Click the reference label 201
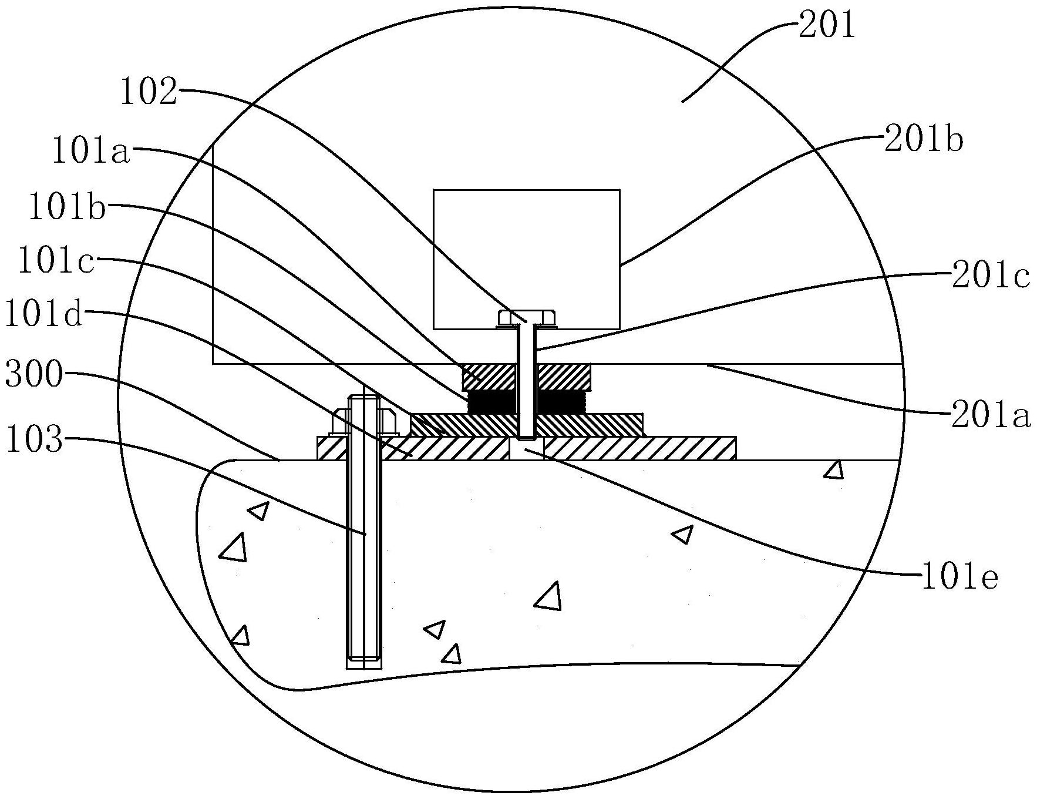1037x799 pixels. pyautogui.click(x=826, y=26)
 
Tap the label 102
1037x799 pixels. pyautogui.click(x=148, y=93)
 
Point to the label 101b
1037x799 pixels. pyautogui.click(x=68, y=207)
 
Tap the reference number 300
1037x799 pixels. pyautogui.click(x=33, y=374)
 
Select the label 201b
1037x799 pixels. pyautogui.click(x=924, y=141)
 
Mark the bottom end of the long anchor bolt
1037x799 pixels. pyautogui.click(x=364, y=662)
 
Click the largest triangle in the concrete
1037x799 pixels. pyautogui.click(x=548, y=597)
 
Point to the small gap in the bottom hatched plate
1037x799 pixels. pyautogui.click(x=526, y=450)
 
